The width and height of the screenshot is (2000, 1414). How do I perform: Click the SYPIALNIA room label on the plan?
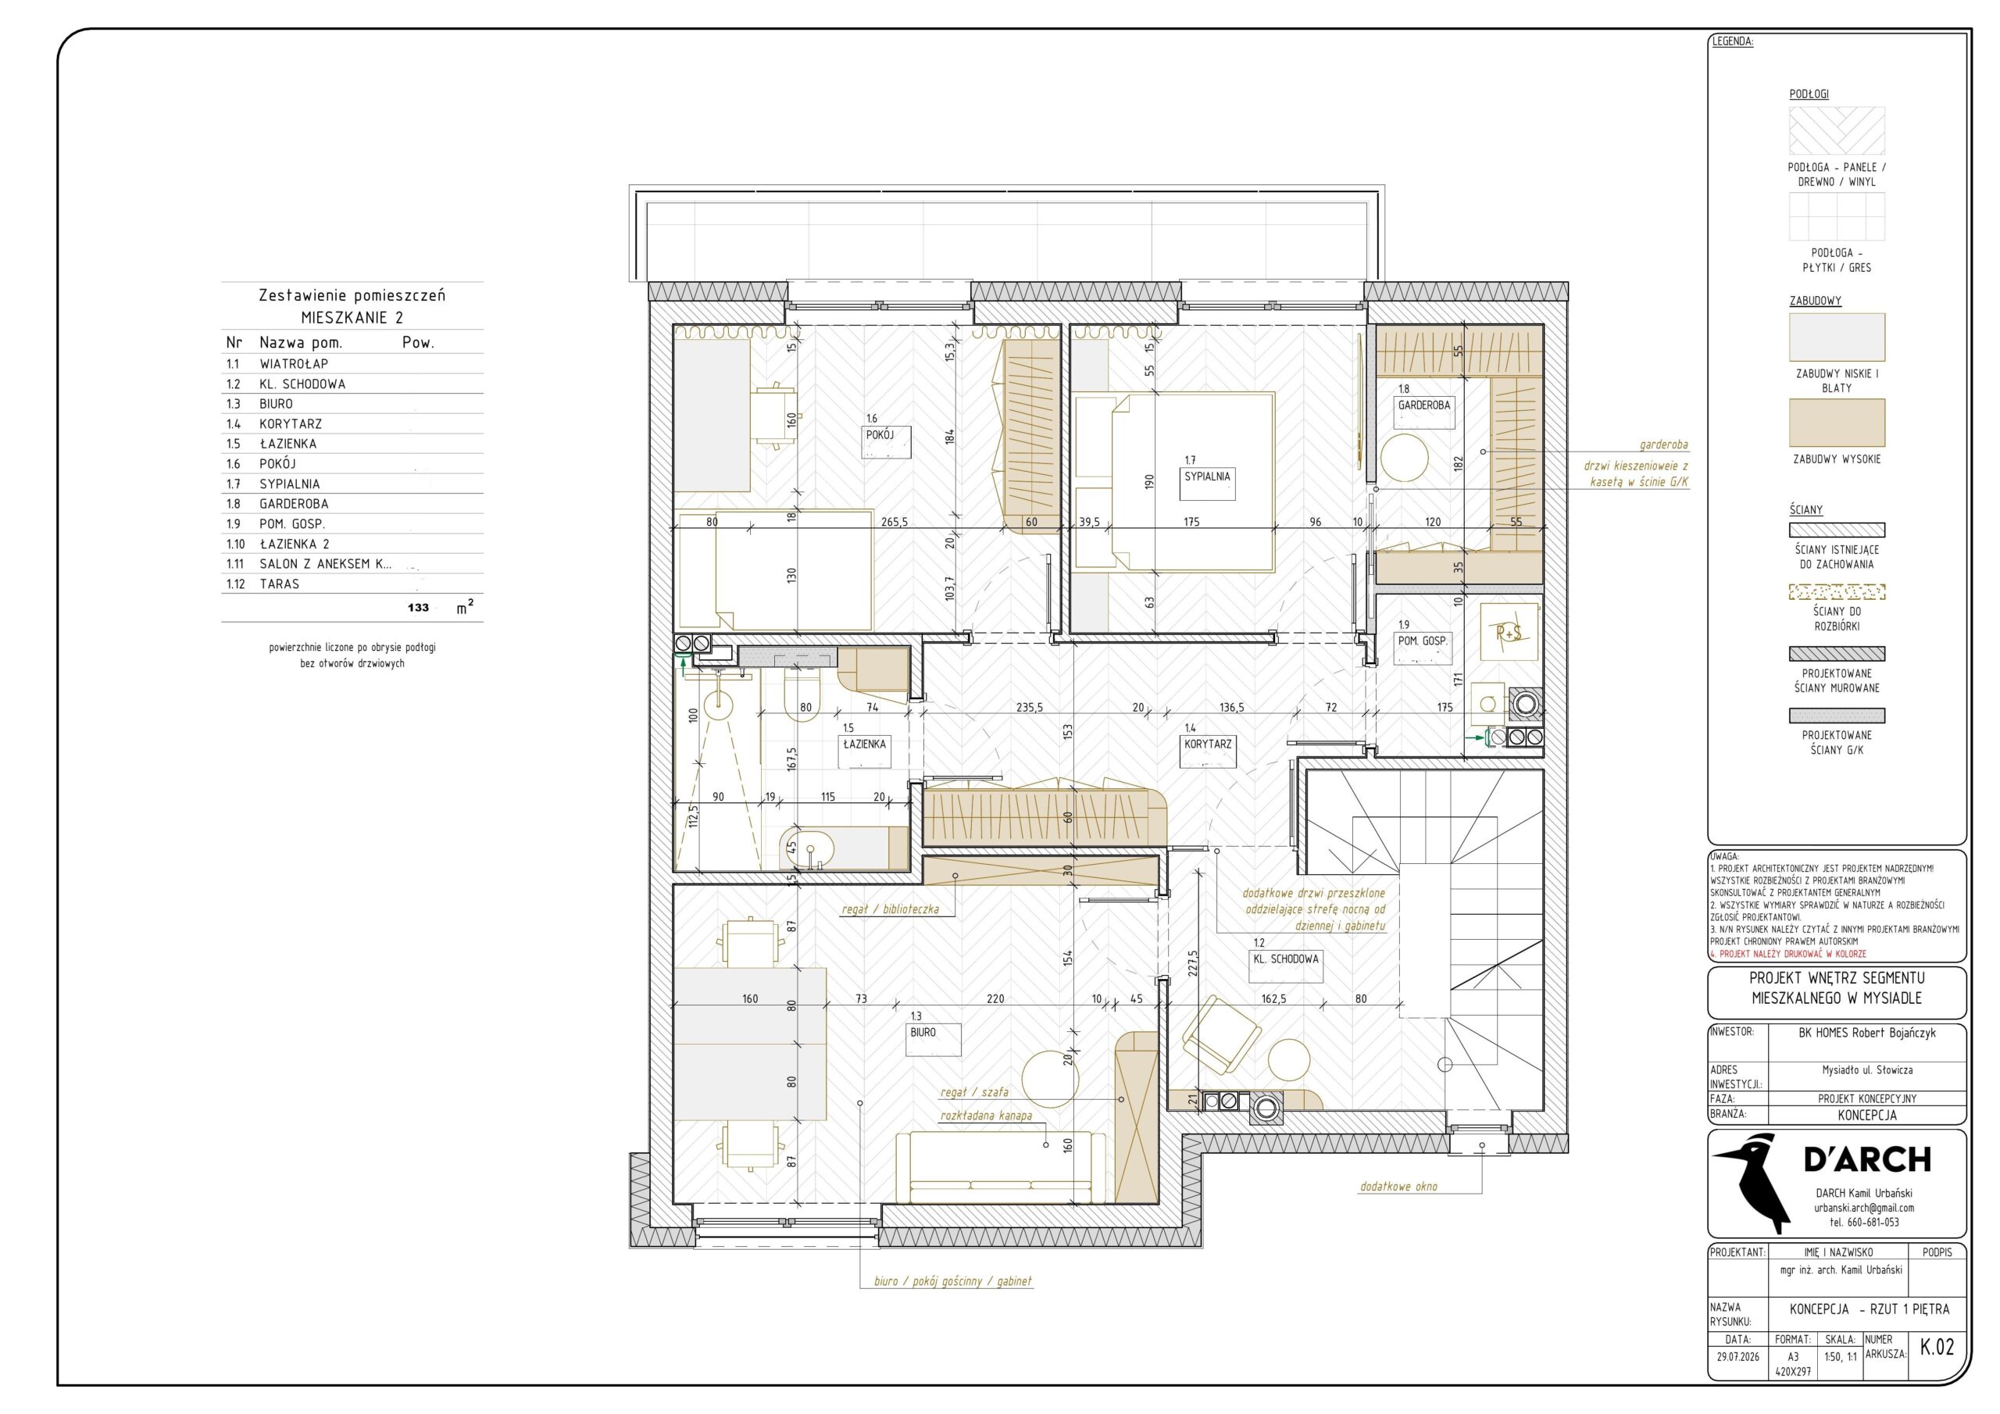(1207, 477)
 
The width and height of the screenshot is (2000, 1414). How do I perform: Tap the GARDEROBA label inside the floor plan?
(1424, 405)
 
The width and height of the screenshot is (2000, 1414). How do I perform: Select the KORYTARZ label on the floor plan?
(1208, 744)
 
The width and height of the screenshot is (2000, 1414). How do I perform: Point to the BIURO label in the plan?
(923, 1033)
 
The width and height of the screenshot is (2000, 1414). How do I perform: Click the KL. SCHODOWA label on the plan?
(1286, 959)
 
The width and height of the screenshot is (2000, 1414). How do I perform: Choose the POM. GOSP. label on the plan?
(1423, 641)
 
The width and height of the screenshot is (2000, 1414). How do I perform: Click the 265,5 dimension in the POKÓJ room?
(894, 522)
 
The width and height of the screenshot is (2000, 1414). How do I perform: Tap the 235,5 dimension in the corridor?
(1030, 708)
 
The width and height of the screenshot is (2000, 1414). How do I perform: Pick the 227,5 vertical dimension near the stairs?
(1192, 966)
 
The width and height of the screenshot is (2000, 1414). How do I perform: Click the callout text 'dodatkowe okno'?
(1399, 1187)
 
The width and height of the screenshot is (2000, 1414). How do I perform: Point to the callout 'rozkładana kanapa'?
(986, 1115)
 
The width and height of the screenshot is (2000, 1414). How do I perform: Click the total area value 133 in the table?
(418, 607)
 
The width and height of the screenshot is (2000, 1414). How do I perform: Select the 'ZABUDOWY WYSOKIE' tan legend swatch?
(1837, 423)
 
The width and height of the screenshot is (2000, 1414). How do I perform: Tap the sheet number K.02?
(1937, 1347)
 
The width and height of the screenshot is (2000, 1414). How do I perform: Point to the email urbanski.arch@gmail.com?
(1864, 1208)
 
